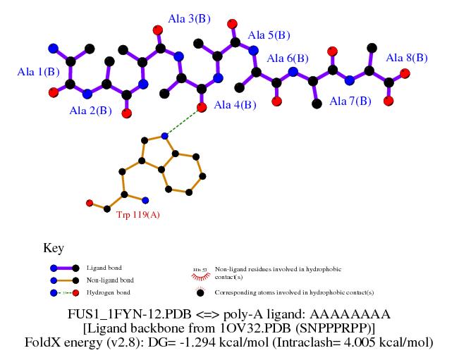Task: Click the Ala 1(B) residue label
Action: point(39,71)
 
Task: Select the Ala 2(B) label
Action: point(90,111)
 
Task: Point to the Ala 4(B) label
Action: point(235,106)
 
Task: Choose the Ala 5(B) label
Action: point(269,35)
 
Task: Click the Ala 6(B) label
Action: point(288,58)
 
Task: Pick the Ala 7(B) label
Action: point(350,101)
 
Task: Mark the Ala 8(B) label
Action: point(407,57)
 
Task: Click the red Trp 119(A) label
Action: point(138,214)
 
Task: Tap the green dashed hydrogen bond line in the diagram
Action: point(183,121)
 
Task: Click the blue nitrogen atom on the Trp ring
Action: point(164,135)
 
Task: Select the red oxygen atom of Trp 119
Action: point(90,203)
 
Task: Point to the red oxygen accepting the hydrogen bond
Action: point(202,108)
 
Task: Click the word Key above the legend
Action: point(54,248)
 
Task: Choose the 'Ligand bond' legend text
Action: point(104,268)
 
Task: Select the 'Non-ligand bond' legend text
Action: point(110,280)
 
